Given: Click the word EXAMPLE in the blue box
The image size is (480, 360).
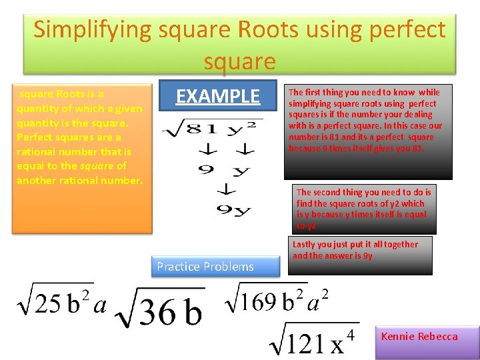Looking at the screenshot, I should click(217, 97).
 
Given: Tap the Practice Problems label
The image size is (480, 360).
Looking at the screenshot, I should click(205, 267).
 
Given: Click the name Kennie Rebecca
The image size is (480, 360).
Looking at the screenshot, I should click(419, 337).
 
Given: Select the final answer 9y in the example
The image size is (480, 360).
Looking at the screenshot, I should click(233, 211).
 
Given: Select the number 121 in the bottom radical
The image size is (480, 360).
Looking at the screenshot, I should click(304, 344).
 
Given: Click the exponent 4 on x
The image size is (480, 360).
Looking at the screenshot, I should click(350, 333).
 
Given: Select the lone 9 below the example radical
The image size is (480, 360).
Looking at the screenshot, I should click(207, 169).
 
